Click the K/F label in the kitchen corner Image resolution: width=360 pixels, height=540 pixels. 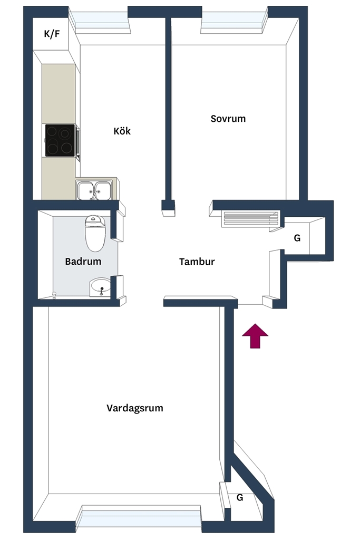tap(52, 34)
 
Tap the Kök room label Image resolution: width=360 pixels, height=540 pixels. tap(122, 131)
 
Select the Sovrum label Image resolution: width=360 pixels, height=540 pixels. tap(228, 119)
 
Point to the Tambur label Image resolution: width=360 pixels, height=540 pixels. tap(197, 262)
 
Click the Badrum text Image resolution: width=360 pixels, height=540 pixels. tap(83, 262)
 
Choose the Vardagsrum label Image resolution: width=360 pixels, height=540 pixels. tap(135, 408)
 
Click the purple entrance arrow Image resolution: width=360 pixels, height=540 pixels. tap(255, 336)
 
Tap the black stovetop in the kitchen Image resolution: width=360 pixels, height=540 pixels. tap(60, 140)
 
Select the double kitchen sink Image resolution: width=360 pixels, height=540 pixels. tap(94, 190)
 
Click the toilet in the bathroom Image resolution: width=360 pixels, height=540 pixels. tap(95, 233)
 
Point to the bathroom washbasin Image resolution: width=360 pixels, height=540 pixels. tap(100, 287)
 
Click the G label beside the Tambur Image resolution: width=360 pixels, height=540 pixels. tap(297, 238)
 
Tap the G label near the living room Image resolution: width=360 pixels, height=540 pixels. tap(240, 497)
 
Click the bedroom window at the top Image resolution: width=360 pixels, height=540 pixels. tap(234, 22)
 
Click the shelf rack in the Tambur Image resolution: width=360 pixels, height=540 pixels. tap(250, 219)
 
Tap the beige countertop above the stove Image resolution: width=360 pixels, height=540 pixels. tap(59, 94)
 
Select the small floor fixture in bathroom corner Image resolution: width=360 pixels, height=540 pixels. tap(54, 295)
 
